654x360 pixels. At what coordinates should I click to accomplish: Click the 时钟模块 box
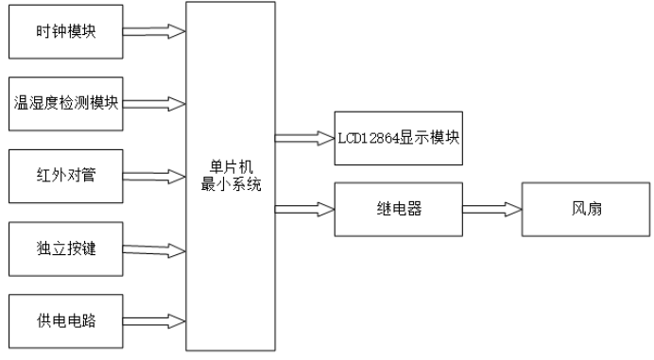click(65, 31)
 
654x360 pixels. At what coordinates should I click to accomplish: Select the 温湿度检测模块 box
click(65, 101)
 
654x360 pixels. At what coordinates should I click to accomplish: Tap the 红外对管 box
click(65, 176)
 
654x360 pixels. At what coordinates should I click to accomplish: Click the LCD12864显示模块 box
click(400, 138)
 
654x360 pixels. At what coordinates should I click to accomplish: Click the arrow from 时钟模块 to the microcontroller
click(154, 31)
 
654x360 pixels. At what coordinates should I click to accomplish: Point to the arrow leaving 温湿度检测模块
click(154, 101)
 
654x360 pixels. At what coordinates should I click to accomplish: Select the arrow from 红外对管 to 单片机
click(154, 176)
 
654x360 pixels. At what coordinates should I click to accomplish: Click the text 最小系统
click(231, 183)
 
